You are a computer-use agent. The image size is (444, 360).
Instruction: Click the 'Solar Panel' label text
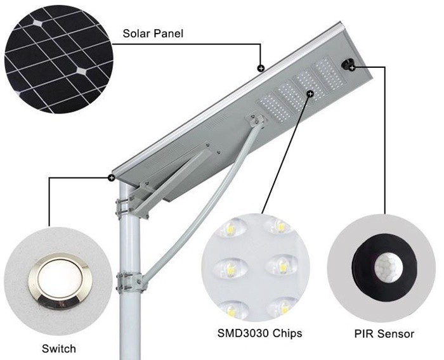click(153, 34)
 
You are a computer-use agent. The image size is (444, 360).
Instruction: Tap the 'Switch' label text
click(58, 348)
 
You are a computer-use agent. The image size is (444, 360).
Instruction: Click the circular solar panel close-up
click(58, 57)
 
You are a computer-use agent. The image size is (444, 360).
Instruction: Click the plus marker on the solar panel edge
click(260, 68)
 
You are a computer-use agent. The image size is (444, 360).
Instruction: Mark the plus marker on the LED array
click(310, 94)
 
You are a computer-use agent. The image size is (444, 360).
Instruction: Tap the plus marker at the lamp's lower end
click(112, 178)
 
